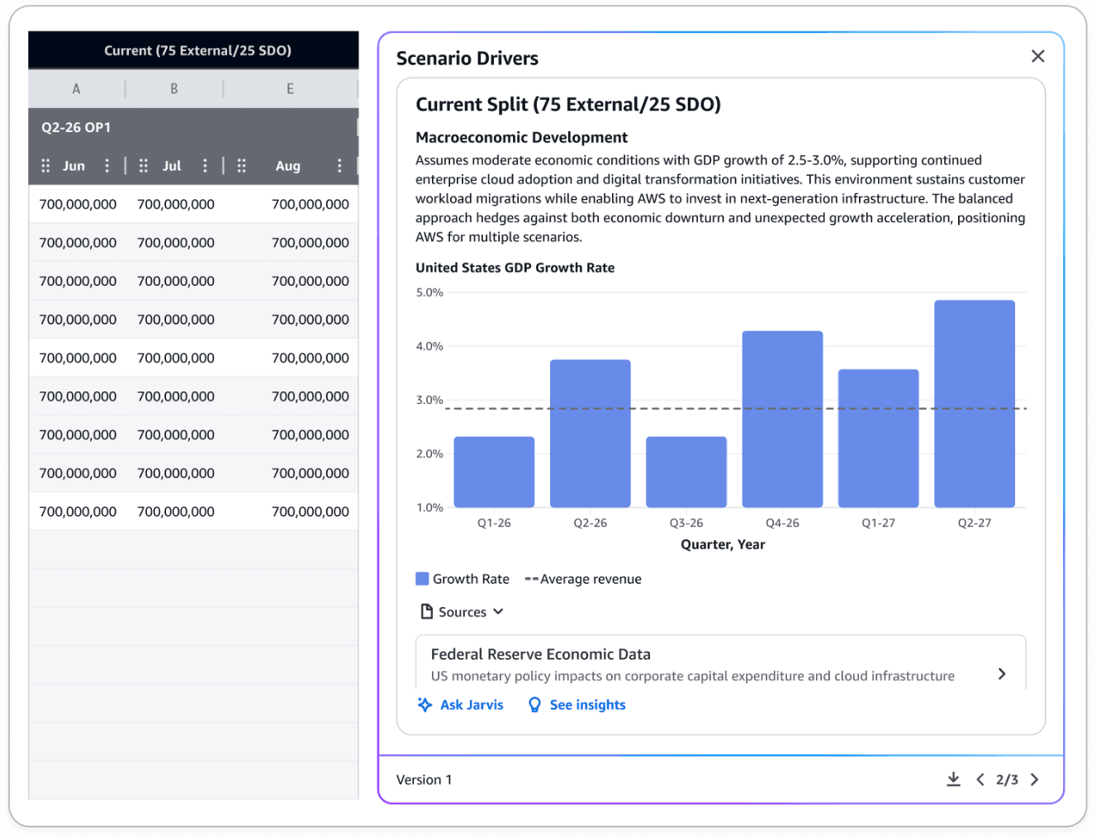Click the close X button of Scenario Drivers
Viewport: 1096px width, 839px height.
click(1037, 56)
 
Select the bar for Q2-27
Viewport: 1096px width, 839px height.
click(974, 404)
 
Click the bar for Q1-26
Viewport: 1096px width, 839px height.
click(494, 472)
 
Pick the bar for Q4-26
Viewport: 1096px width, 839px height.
click(782, 419)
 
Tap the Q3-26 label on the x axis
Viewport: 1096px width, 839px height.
click(686, 523)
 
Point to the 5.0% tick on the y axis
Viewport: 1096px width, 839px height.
click(429, 292)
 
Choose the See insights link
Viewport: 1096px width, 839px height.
click(576, 704)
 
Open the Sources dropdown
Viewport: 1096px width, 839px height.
click(463, 612)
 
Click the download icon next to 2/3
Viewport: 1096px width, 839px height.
click(953, 780)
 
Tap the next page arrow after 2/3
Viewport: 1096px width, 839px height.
click(1034, 780)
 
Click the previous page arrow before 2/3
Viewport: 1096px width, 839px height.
click(980, 780)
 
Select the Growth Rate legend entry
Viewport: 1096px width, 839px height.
click(463, 579)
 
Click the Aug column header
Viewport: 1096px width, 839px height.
click(287, 166)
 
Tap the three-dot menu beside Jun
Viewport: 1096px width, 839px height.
click(107, 166)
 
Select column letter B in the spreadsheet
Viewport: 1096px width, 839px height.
click(174, 88)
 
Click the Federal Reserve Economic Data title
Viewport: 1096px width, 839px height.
click(540, 654)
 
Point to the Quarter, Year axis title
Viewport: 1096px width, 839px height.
click(723, 544)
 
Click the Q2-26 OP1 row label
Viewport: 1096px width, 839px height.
click(76, 127)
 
